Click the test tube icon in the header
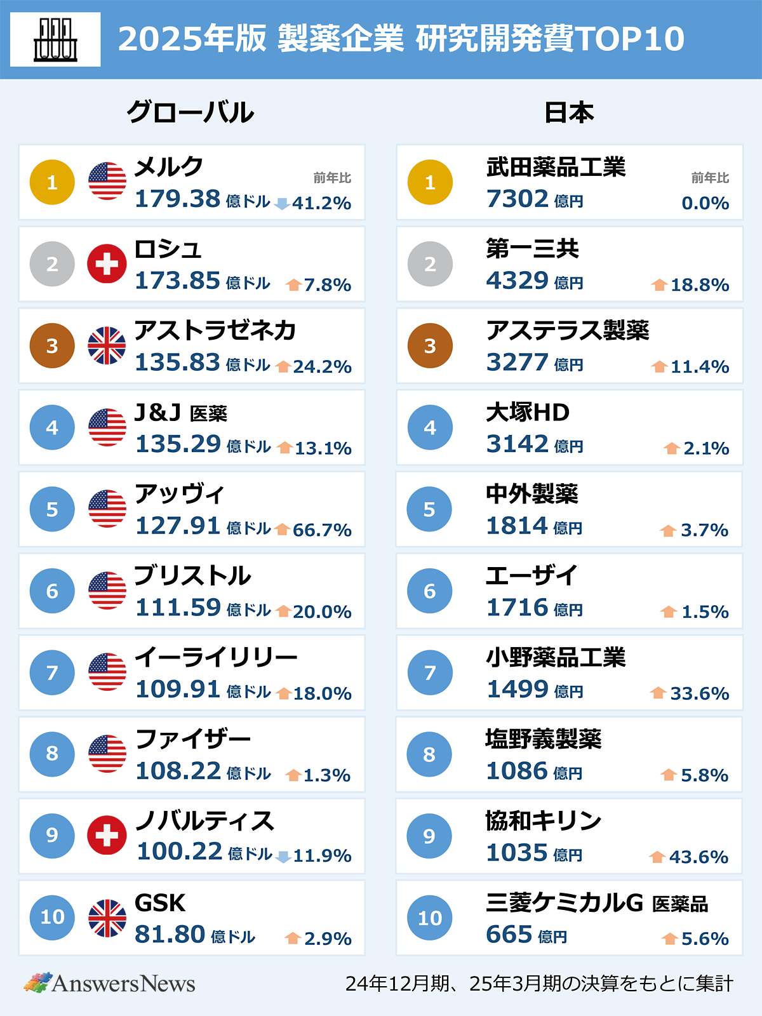point(55,39)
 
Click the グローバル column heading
point(190,112)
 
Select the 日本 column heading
point(569,112)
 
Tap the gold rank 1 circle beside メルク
point(52,182)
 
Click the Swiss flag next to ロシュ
point(107,264)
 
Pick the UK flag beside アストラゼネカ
point(107,345)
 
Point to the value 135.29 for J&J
point(178,444)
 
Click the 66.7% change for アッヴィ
point(322,530)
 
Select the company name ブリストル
point(193,575)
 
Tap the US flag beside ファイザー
point(107,754)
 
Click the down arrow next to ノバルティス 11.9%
point(283,857)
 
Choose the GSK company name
point(160,902)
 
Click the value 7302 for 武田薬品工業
point(518,199)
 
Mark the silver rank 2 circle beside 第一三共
point(430,264)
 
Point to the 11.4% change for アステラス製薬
point(699,366)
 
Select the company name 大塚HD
point(528,412)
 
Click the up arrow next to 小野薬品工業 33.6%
point(658,693)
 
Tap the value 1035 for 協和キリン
point(517,853)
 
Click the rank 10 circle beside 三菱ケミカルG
point(430,918)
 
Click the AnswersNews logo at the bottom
point(110,983)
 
